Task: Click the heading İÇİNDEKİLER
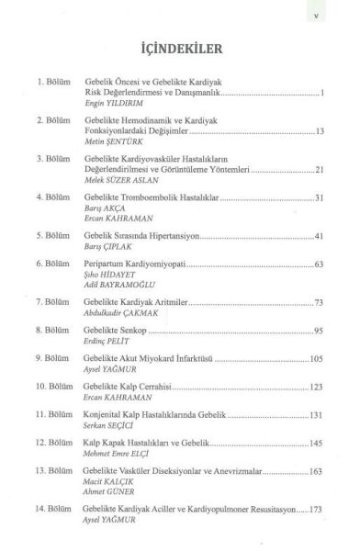pos(180,47)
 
